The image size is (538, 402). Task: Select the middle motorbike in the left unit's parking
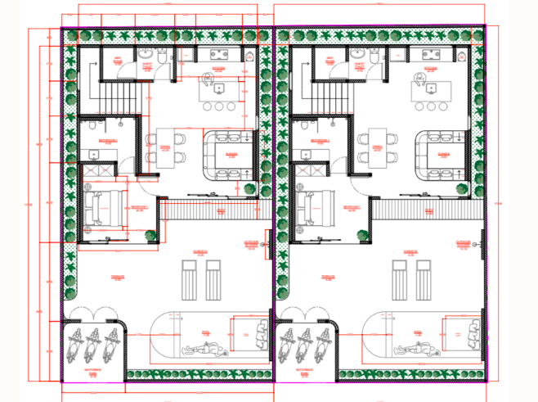coord(94,345)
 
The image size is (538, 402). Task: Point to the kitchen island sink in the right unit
coord(429,81)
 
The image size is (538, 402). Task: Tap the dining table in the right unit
coord(377,147)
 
